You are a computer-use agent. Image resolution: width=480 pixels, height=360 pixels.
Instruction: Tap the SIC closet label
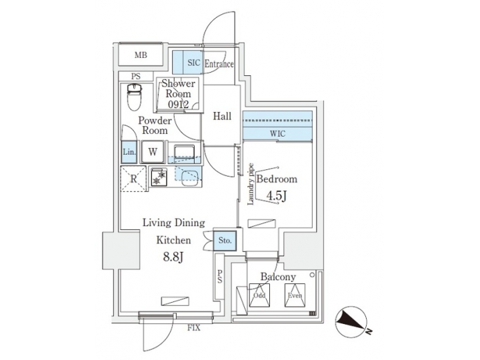point(193,63)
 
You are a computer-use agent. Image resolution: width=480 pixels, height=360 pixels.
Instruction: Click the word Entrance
point(219,64)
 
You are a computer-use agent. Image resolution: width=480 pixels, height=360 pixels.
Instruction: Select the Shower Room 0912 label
point(178,94)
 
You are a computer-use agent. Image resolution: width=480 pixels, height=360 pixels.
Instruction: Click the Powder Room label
point(155,125)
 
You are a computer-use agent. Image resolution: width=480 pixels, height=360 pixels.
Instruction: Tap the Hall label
point(222,117)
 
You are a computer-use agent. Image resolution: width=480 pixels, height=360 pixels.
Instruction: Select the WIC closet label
point(277,134)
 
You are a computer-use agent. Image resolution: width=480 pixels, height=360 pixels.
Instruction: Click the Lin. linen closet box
point(129,151)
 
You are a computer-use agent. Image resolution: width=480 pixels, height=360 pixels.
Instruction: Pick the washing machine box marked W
point(153,151)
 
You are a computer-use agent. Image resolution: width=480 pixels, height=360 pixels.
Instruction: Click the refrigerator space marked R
point(133,179)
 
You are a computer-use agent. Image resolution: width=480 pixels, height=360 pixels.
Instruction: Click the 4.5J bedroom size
point(277,197)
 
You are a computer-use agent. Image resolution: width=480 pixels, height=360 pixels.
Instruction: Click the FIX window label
point(194,328)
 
